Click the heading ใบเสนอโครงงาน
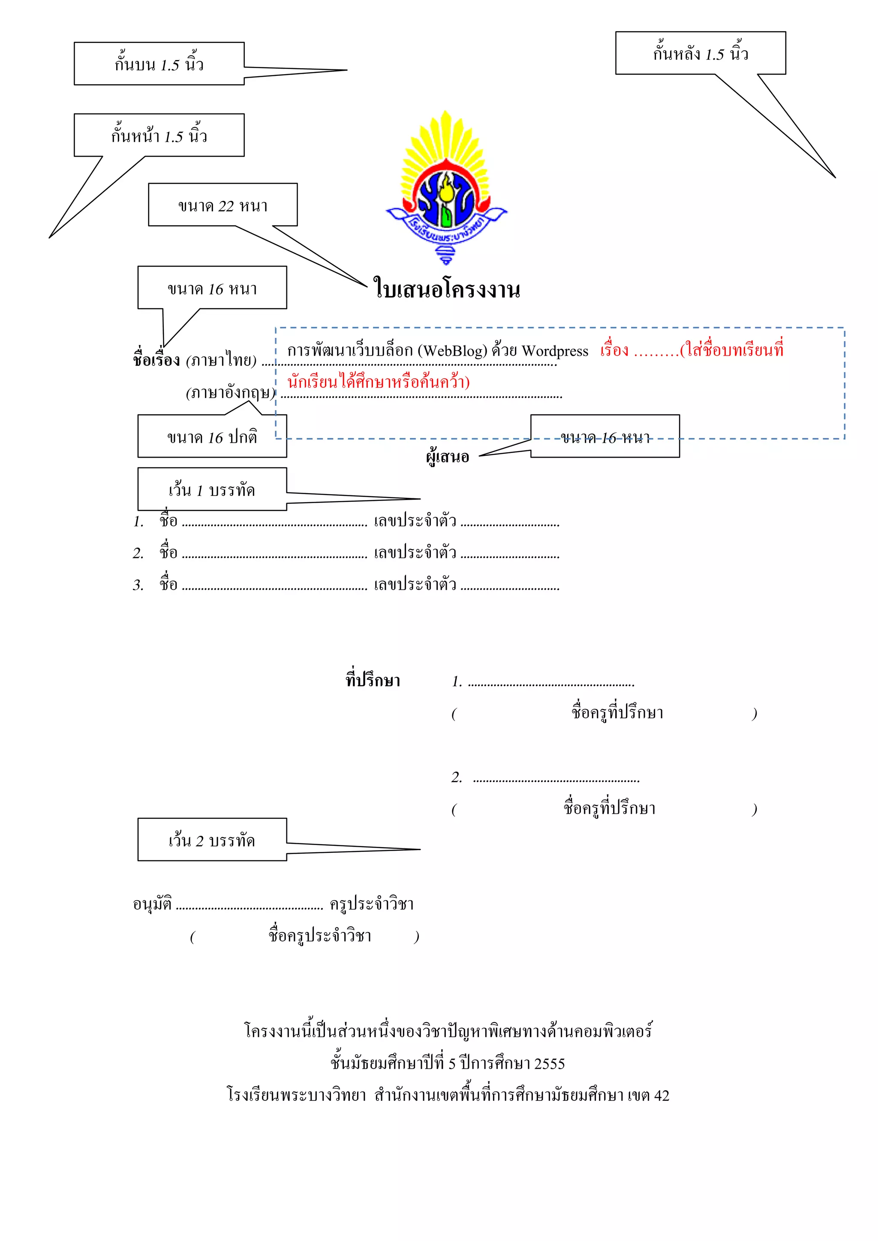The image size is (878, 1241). click(447, 290)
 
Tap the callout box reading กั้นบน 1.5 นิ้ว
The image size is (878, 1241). click(159, 64)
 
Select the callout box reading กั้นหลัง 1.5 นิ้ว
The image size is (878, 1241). click(700, 53)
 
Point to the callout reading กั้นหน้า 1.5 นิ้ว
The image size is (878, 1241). click(159, 135)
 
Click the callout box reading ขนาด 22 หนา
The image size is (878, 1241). click(223, 205)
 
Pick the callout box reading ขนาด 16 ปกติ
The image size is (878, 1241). click(212, 437)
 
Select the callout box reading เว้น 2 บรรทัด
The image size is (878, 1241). click(212, 840)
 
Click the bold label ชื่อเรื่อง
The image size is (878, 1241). click(156, 360)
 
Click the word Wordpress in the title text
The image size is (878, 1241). click(555, 351)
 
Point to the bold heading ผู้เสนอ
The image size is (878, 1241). click(447, 457)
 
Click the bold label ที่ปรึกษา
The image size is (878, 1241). click(373, 680)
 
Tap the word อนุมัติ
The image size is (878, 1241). click(153, 903)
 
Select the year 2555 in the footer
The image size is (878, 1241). click(549, 1064)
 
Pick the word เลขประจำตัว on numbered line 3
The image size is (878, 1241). click(415, 584)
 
